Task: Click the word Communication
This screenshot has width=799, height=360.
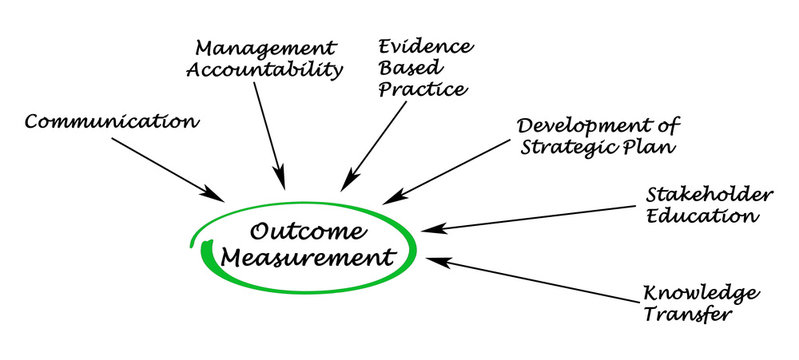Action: pyautogui.click(x=111, y=122)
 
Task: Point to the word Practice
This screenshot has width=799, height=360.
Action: pyautogui.click(x=420, y=91)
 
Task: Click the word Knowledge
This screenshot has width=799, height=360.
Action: pyautogui.click(x=701, y=294)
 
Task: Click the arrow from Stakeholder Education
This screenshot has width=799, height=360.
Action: pyautogui.click(x=530, y=217)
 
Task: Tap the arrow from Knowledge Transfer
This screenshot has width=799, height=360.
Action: pyautogui.click(x=535, y=279)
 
